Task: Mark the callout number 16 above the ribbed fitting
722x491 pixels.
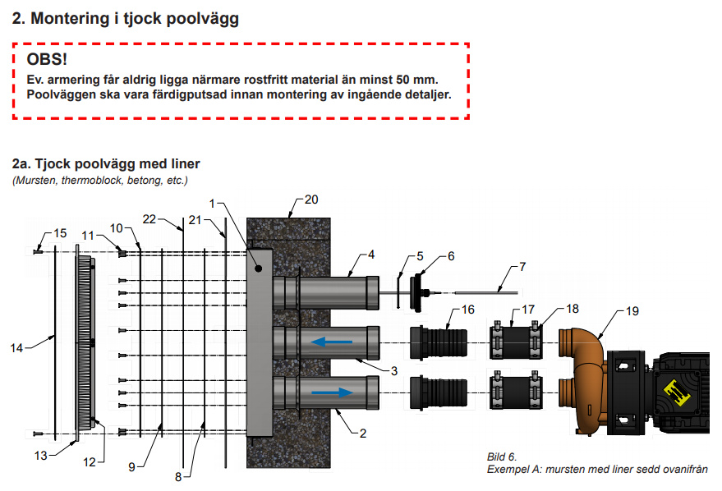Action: [468, 310]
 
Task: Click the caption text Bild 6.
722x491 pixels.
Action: [502, 455]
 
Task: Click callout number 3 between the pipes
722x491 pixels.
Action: [394, 371]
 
